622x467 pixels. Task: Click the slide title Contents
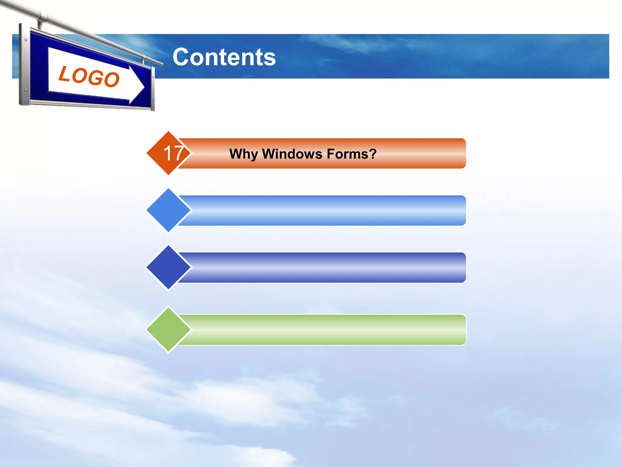pyautogui.click(x=224, y=57)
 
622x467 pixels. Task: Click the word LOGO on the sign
pyautogui.click(x=89, y=76)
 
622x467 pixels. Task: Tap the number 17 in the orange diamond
pyautogui.click(x=173, y=153)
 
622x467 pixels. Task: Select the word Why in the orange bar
pyautogui.click(x=243, y=154)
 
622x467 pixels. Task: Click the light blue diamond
pyautogui.click(x=169, y=210)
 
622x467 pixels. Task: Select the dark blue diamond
pyautogui.click(x=169, y=267)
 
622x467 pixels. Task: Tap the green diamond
pyautogui.click(x=169, y=329)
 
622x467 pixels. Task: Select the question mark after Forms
pyautogui.click(x=373, y=154)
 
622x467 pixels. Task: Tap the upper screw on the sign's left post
pyautogui.click(x=26, y=40)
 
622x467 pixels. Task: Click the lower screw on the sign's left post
pyautogui.click(x=26, y=90)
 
